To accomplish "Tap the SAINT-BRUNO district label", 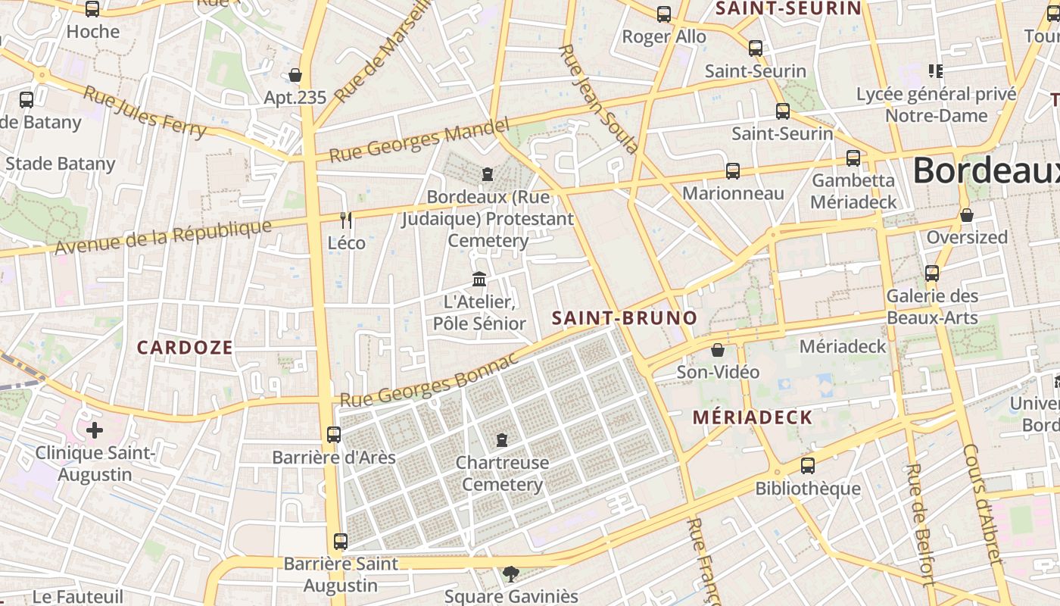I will pyautogui.click(x=624, y=317).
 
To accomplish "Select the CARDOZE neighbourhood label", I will pyautogui.click(x=185, y=347).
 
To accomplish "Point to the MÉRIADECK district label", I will pyautogui.click(x=752, y=417).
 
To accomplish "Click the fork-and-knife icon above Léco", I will pyautogui.click(x=347, y=220).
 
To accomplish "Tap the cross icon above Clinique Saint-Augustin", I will pyautogui.click(x=95, y=431).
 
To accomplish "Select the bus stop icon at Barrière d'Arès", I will pyautogui.click(x=334, y=435).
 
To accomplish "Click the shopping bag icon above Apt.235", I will pyautogui.click(x=295, y=75).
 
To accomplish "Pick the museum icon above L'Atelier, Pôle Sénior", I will pyautogui.click(x=479, y=280).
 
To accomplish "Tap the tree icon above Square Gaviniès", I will pyautogui.click(x=511, y=574).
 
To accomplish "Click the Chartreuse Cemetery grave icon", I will pyautogui.click(x=501, y=440).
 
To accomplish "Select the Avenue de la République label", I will pyautogui.click(x=163, y=237).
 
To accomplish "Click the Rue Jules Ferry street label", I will pyautogui.click(x=144, y=112).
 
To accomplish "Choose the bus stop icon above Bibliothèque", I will pyautogui.click(x=808, y=466).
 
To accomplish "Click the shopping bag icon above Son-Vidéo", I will pyautogui.click(x=717, y=350).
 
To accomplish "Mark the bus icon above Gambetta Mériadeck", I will pyautogui.click(x=853, y=158).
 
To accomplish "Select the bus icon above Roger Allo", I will pyautogui.click(x=664, y=14).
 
